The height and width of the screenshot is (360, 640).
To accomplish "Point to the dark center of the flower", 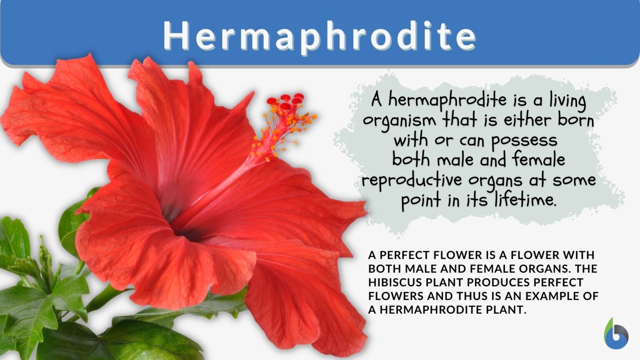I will coord(175,217).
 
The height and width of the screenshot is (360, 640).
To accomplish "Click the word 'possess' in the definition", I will coord(524,141).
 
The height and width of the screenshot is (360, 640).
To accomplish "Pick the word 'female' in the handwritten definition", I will coord(538,160).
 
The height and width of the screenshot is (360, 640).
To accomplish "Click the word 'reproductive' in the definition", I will coord(412,180).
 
